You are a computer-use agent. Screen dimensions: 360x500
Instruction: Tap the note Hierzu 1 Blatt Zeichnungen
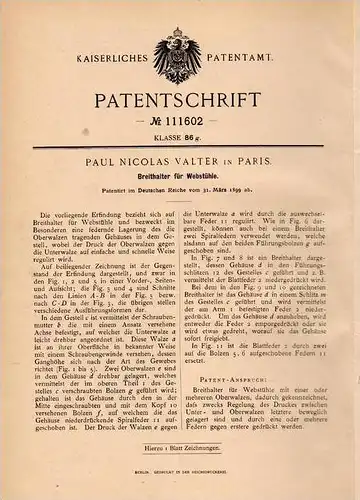[x=180, y=471]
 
